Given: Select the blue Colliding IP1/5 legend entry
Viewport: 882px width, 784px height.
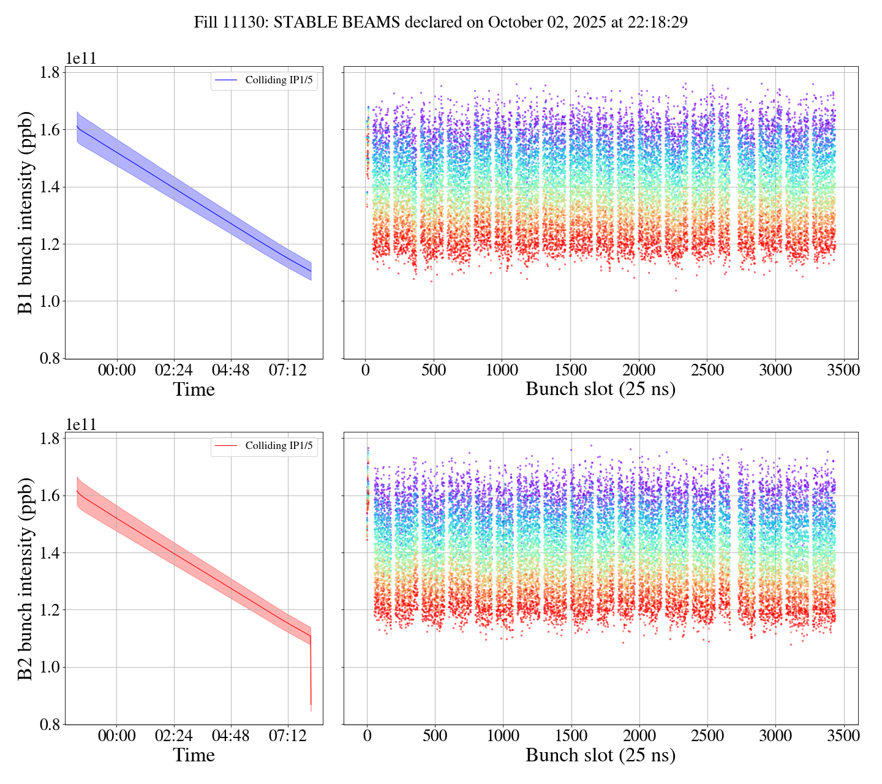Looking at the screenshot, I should (265, 80).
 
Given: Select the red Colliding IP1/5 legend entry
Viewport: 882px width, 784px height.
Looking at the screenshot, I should (265, 446).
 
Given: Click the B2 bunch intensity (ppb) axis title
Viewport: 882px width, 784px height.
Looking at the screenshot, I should (26, 578).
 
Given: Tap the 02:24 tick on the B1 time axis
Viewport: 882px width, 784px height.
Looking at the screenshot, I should (174, 371).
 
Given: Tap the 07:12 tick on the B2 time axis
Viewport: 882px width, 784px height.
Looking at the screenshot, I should (288, 736).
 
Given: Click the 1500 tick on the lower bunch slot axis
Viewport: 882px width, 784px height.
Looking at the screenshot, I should (571, 736).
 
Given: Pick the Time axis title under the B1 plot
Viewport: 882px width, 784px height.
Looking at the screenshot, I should (194, 390).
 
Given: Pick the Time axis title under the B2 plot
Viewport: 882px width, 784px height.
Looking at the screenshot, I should (194, 755).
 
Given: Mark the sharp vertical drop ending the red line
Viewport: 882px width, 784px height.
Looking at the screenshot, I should (311, 674).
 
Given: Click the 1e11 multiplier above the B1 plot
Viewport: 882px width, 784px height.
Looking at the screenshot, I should (81, 59).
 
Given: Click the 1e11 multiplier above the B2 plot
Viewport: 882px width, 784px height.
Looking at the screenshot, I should (81, 424).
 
